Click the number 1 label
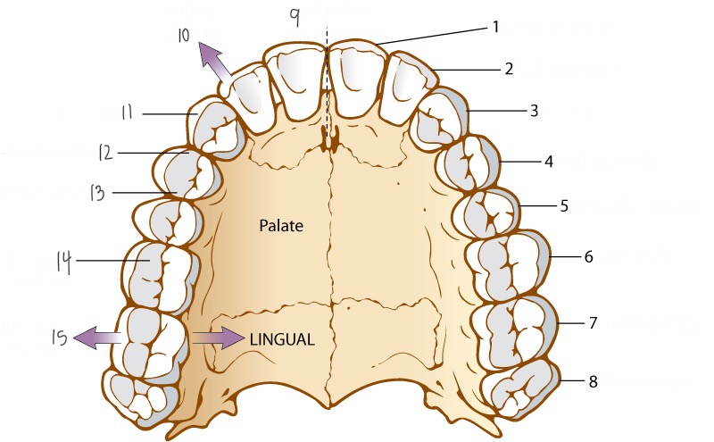(495, 27)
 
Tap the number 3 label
(534, 111)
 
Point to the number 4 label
(550, 163)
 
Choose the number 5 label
(564, 206)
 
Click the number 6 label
(588, 256)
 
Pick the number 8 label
(593, 381)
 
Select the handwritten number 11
(128, 113)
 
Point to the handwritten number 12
(106, 153)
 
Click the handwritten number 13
(97, 192)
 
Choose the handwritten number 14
(62, 261)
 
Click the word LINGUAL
(280, 339)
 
